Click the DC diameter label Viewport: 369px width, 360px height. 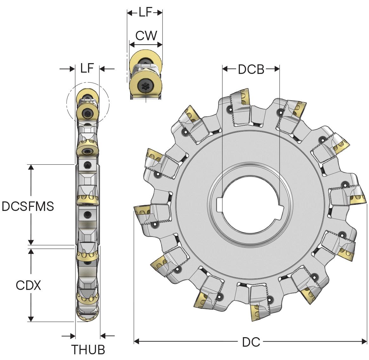tap(251, 342)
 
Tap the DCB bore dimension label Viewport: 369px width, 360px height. tap(251, 69)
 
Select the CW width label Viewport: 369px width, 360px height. tap(146, 36)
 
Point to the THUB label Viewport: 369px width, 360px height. tap(88, 350)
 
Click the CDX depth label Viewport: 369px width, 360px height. tap(29, 285)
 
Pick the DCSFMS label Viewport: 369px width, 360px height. tap(28, 206)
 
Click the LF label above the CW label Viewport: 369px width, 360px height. tap(146, 13)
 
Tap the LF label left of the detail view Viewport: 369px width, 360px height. tap(87, 68)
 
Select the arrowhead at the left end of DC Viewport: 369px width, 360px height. tap(137, 341)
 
